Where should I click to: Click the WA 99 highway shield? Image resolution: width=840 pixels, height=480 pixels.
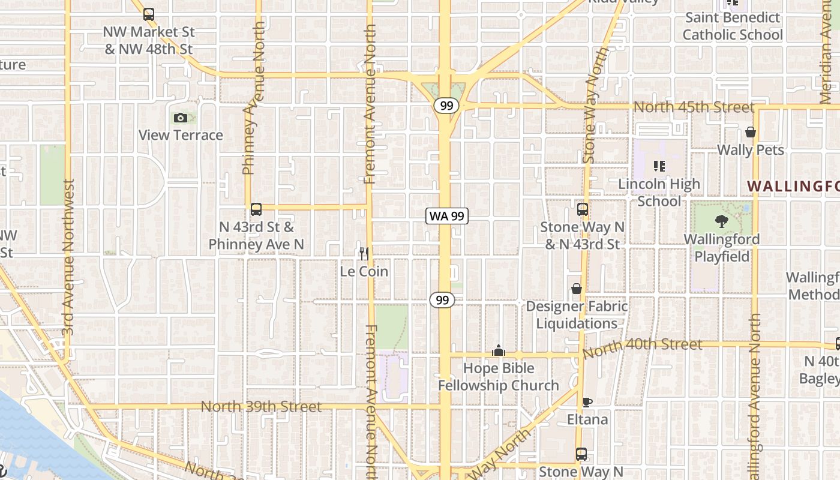tap(447, 216)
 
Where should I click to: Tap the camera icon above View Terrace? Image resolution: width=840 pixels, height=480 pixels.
tap(181, 118)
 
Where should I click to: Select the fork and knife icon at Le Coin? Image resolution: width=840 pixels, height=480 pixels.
tap(364, 254)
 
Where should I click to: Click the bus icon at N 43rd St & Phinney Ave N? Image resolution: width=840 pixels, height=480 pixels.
tap(256, 209)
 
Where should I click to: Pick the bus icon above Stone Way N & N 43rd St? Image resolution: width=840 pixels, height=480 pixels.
tap(583, 209)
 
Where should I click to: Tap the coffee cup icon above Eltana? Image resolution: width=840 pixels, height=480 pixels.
tap(587, 402)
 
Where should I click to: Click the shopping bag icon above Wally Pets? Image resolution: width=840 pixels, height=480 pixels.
tap(751, 132)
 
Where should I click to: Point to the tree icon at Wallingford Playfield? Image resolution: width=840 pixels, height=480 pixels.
tap(722, 221)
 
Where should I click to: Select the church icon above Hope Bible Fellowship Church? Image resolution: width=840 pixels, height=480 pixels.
tap(499, 350)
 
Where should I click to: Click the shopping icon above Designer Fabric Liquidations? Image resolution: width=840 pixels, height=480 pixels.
tap(577, 289)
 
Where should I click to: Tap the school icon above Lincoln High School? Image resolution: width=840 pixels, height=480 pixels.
tap(659, 166)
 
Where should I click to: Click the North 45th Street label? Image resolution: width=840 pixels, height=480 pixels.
tap(694, 107)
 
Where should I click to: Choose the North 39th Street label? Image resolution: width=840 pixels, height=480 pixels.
tap(261, 407)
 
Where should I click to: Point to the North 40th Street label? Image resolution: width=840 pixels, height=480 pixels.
tap(642, 346)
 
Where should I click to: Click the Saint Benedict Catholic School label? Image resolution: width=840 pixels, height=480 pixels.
tap(733, 26)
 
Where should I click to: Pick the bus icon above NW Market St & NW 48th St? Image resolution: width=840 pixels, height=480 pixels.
tap(149, 14)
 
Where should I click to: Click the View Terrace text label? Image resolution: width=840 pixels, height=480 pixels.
tap(181, 135)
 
